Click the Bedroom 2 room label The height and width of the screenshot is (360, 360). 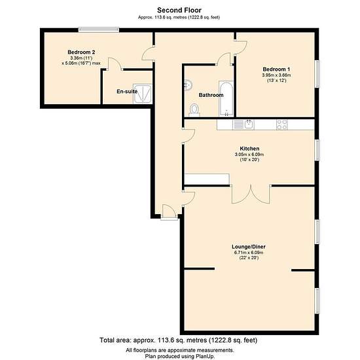click(x=81, y=52)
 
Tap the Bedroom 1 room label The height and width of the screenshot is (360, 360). click(x=276, y=69)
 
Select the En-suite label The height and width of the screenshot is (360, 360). click(x=127, y=92)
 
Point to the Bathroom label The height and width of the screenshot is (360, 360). click(x=211, y=95)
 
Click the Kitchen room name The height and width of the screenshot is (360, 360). click(x=249, y=149)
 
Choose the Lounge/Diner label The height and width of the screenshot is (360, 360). click(x=249, y=247)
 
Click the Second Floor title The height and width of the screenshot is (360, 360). click(x=179, y=10)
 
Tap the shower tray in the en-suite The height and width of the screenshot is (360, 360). click(x=143, y=94)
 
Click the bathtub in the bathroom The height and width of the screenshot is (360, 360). click(x=226, y=98)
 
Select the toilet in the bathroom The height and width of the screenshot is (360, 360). click(x=194, y=110)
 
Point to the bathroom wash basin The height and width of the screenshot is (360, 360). click(x=189, y=85)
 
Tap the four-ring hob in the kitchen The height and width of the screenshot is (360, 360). click(x=282, y=124)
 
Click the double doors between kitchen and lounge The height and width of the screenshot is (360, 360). click(x=251, y=194)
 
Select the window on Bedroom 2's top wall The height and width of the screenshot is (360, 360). click(x=99, y=29)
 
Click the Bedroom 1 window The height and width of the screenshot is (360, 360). click(x=317, y=74)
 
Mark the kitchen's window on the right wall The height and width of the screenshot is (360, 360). click(x=317, y=150)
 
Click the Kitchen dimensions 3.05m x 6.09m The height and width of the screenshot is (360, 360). click(x=249, y=154)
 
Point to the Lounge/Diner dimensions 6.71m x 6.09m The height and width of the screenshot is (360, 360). click(x=249, y=253)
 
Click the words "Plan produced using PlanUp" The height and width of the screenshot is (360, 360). click(x=179, y=356)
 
